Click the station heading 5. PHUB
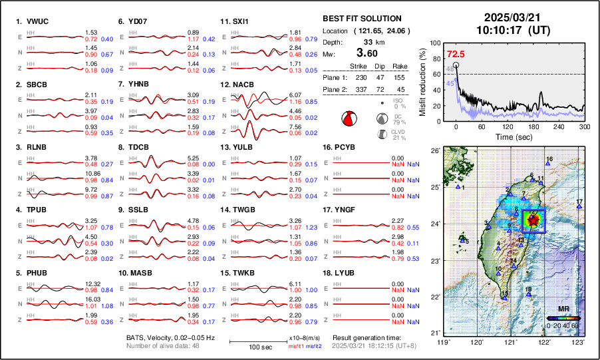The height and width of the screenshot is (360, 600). click(32, 273)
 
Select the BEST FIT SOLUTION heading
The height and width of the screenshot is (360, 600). click(361, 19)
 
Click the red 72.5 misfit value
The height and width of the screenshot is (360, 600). click(456, 54)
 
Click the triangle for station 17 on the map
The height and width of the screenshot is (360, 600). click(579, 207)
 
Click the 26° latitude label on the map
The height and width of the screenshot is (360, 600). click(435, 151)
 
